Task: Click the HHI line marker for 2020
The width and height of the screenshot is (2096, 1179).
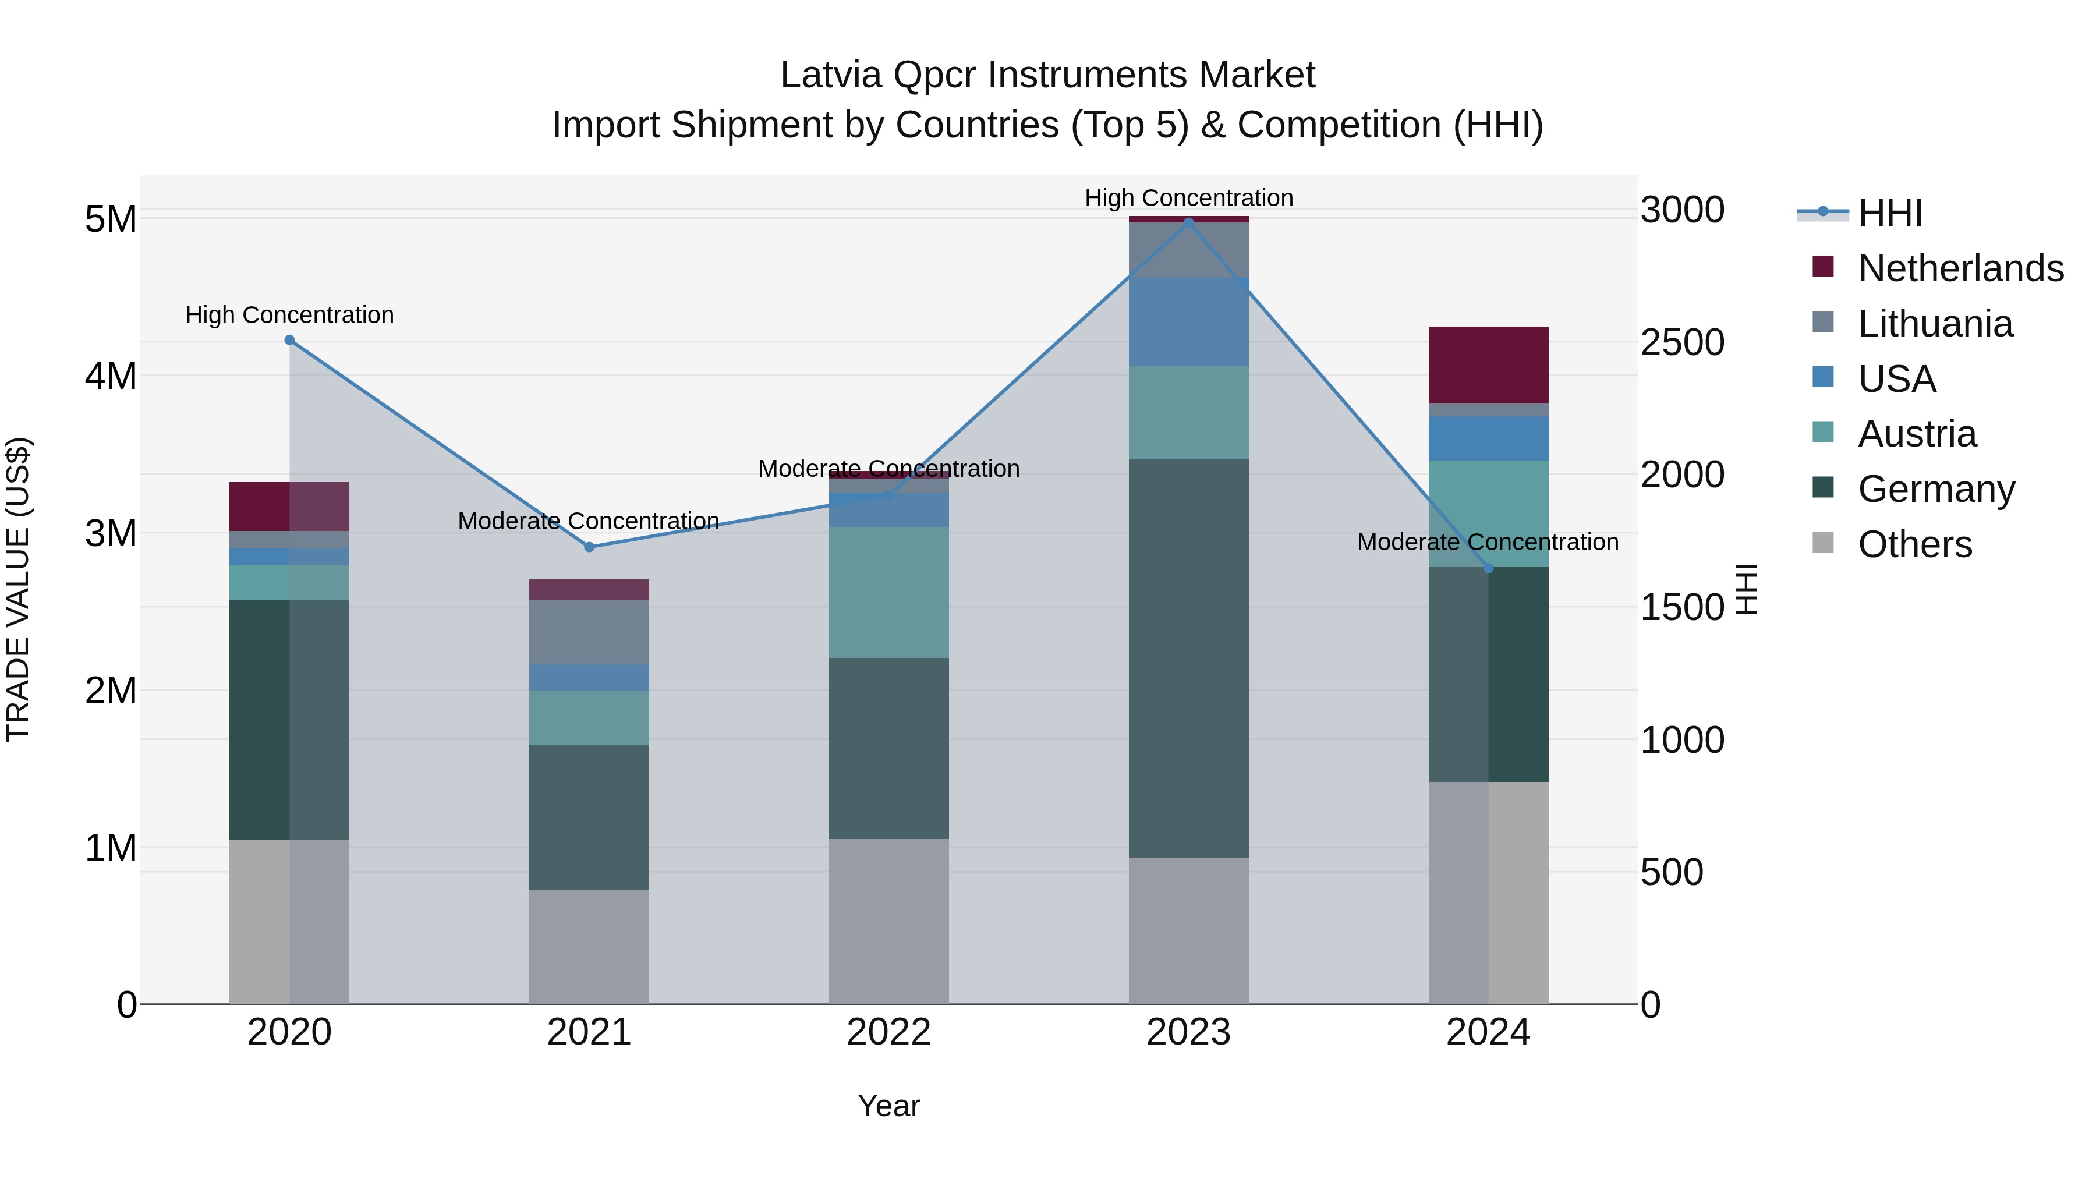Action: pyautogui.click(x=290, y=340)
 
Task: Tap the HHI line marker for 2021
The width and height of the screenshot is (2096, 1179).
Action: pyautogui.click(x=589, y=547)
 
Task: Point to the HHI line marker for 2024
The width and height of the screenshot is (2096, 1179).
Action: pyautogui.click(x=1488, y=568)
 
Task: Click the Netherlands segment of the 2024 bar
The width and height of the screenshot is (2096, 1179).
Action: pyautogui.click(x=1488, y=364)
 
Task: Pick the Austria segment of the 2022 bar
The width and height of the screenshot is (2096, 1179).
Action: pyautogui.click(x=888, y=592)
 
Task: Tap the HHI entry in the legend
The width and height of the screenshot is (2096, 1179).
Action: pyautogui.click(x=1889, y=213)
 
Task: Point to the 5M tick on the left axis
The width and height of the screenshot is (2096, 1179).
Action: pyautogui.click(x=111, y=219)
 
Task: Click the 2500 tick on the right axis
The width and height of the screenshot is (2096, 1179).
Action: pyautogui.click(x=1682, y=342)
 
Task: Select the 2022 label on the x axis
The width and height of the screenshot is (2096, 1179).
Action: pyautogui.click(x=888, y=1032)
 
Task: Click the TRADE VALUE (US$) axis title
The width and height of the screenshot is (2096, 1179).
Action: pyautogui.click(x=18, y=589)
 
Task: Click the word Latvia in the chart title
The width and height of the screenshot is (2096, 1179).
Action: pyautogui.click(x=830, y=75)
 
